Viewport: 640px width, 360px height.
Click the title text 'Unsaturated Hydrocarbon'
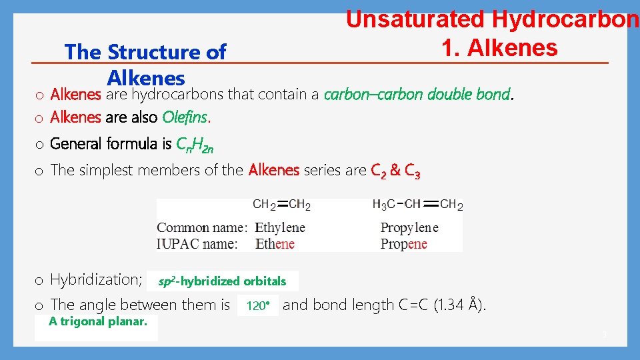[492, 19]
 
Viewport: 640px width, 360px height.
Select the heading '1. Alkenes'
[499, 47]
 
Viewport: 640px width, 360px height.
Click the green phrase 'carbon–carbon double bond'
[417, 94]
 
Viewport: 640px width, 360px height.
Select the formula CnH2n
[195, 144]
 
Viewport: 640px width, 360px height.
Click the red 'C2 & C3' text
[395, 171]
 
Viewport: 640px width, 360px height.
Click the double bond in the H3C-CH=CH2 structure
[431, 204]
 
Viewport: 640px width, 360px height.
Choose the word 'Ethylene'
[280, 227]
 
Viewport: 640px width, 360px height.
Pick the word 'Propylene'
[409, 227]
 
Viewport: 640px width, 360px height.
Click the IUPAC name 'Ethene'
[275, 243]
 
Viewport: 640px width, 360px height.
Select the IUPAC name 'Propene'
[404, 243]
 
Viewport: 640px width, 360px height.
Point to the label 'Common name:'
[202, 227]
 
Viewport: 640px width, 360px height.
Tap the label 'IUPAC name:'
[197, 243]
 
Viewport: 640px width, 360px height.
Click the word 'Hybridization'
[94, 280]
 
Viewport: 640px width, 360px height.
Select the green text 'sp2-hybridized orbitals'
[222, 281]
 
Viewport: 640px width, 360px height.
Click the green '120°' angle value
[257, 306]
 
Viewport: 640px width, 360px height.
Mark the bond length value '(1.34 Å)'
[460, 305]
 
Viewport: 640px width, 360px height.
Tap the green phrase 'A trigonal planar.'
[98, 321]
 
